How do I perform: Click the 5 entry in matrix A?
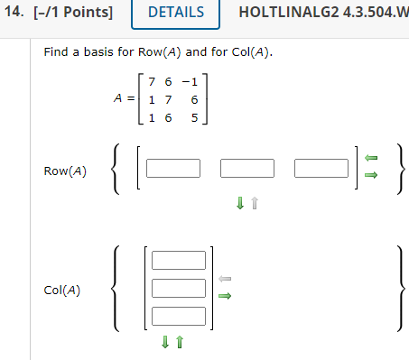[x=193, y=116]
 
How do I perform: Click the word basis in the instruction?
[x=99, y=51]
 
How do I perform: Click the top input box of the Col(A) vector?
[x=179, y=261]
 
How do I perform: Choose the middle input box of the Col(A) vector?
[x=179, y=289]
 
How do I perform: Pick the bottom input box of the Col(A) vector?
[x=179, y=316]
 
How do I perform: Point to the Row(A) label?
[x=65, y=170]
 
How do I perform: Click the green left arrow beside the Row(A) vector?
[x=371, y=157]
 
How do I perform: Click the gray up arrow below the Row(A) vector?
[x=255, y=205]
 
